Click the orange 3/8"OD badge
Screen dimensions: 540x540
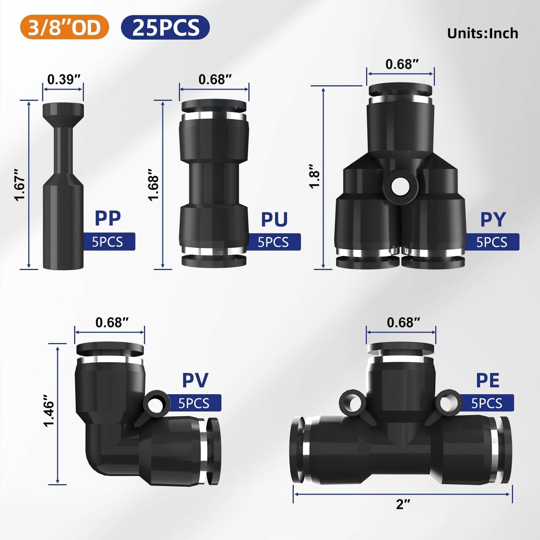(64, 27)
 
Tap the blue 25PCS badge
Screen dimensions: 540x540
(165, 27)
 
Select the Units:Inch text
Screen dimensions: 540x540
(482, 33)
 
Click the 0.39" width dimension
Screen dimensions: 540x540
(64, 80)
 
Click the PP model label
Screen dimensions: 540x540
(108, 218)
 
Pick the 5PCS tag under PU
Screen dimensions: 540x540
(273, 242)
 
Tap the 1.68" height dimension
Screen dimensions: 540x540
(154, 185)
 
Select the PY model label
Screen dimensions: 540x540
(493, 219)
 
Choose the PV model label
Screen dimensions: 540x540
(195, 380)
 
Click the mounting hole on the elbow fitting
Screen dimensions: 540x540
(155, 404)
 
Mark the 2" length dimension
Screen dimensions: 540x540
(403, 504)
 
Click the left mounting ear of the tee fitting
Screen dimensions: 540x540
(352, 402)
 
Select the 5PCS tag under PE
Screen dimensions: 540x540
(486, 403)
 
